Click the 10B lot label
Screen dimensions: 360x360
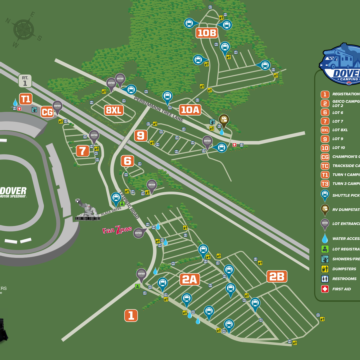(206, 33)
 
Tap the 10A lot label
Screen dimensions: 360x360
(190, 109)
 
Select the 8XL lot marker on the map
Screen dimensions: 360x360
(114, 110)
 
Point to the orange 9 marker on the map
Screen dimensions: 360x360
(141, 135)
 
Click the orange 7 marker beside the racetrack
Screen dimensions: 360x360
(82, 151)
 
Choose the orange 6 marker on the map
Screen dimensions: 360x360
(127, 160)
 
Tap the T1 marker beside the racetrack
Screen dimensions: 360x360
(25, 99)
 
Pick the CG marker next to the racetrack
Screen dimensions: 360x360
(47, 112)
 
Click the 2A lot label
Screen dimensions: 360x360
(189, 279)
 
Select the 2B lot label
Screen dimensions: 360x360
(276, 276)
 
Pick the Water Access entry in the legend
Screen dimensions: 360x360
(324, 238)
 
